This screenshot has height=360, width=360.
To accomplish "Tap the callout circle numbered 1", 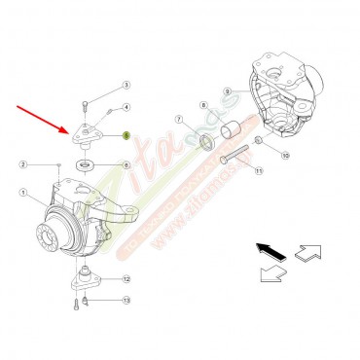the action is coord(22,194).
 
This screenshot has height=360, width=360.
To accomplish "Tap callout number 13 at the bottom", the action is coord(126,302).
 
